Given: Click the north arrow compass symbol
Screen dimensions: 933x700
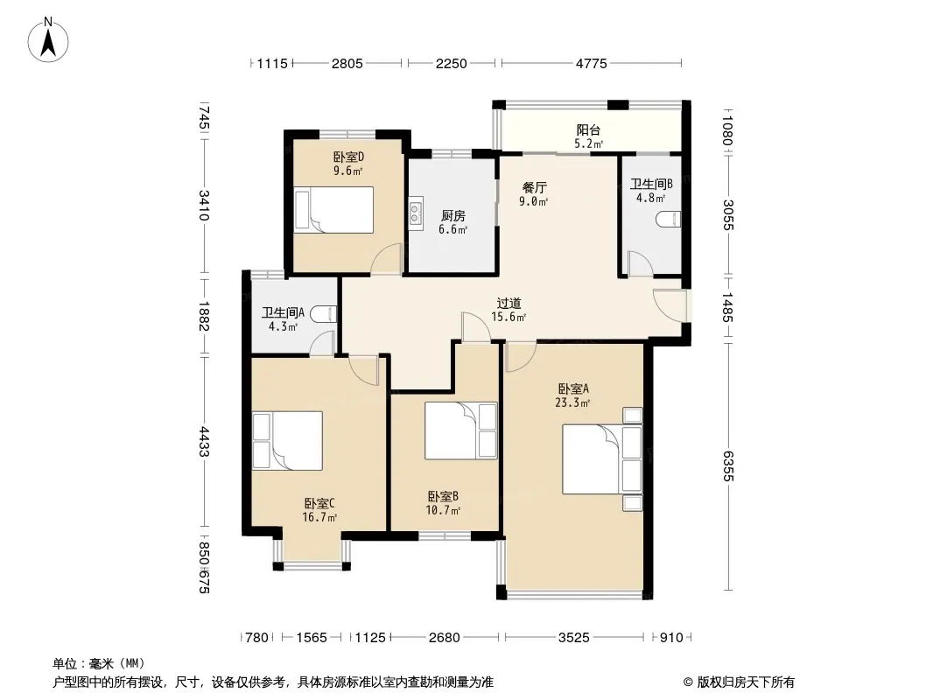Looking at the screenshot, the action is (x=48, y=39).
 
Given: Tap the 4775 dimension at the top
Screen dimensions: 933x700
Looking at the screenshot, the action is (x=591, y=63).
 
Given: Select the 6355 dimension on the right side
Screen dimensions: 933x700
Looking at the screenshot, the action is (x=728, y=465).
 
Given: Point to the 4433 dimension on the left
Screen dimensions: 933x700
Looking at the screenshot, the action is (x=204, y=441).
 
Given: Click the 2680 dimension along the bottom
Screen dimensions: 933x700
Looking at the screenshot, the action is (x=444, y=638).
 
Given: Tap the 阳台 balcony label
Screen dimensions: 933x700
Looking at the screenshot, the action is (x=588, y=129).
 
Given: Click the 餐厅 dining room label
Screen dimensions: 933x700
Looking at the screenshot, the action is (x=534, y=187).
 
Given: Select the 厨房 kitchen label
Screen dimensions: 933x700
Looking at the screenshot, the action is (x=452, y=215).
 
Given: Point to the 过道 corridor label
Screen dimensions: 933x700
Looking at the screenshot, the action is (x=509, y=303).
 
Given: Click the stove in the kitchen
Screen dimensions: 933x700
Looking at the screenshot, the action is (x=416, y=213).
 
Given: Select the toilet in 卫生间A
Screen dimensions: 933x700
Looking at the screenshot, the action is (x=324, y=313).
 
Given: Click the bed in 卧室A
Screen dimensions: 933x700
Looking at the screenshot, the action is (x=602, y=458).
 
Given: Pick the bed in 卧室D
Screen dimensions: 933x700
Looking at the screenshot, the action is (x=333, y=210).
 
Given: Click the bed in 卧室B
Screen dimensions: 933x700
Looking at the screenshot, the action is (x=460, y=430).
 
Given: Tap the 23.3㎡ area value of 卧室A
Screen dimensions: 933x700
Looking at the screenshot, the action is (x=572, y=402).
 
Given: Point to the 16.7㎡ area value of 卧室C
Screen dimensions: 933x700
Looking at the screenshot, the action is (x=319, y=517).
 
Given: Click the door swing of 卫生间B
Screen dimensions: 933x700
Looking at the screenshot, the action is (x=641, y=263).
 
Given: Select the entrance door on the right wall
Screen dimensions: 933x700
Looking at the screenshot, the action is (x=670, y=305).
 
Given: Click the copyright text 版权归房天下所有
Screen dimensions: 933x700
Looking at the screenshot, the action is (x=746, y=682).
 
